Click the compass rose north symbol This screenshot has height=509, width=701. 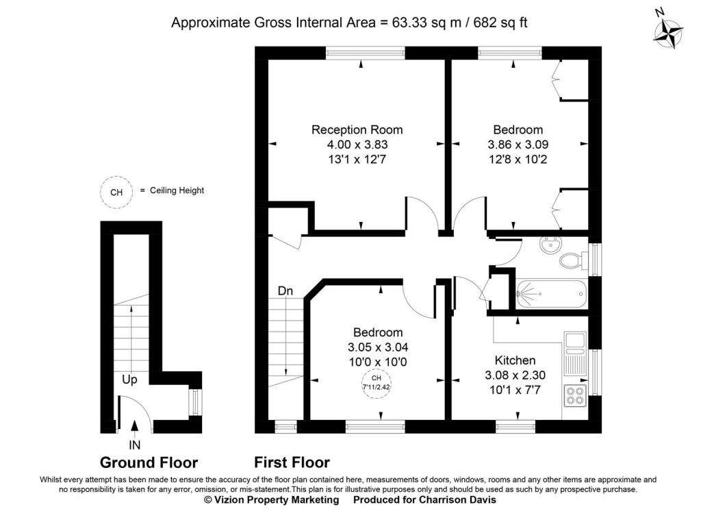[x=669, y=32]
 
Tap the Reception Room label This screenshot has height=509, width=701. [x=357, y=129]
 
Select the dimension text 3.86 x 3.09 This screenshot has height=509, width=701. [x=518, y=145]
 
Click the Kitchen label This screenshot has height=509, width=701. [x=515, y=360]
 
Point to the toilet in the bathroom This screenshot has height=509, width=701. [x=574, y=260]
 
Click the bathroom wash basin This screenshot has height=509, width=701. [x=551, y=245]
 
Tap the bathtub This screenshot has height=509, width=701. [x=551, y=294]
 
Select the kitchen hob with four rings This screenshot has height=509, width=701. [x=575, y=396]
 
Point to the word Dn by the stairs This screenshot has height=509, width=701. [x=285, y=291]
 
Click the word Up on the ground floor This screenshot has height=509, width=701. [x=129, y=380]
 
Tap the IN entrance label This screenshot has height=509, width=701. [x=135, y=445]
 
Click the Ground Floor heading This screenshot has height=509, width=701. [x=149, y=462]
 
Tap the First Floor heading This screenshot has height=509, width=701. [x=292, y=462]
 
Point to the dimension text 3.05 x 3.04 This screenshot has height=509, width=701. [x=378, y=347]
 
